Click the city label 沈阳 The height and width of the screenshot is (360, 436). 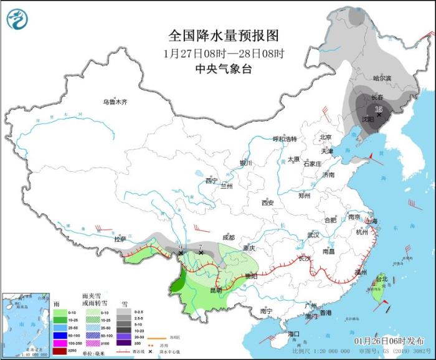367,118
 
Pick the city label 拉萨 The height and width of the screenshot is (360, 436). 120,239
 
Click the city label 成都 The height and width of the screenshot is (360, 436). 228,237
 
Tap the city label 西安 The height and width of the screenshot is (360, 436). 268,202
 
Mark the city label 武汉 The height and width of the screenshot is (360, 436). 313,235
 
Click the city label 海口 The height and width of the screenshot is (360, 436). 294,334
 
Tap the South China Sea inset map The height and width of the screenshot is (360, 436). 25,324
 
